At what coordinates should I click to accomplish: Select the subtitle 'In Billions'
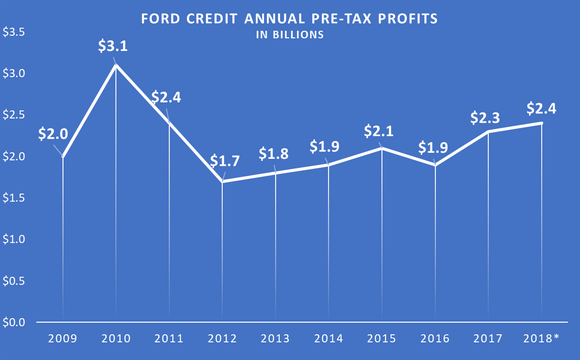289,39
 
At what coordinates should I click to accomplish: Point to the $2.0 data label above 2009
54,132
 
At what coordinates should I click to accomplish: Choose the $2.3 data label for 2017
486,118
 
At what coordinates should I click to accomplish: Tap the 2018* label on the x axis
543,339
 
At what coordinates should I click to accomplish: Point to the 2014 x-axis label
329,339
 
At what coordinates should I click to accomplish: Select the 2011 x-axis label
169,339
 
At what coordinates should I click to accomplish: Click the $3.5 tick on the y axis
14,33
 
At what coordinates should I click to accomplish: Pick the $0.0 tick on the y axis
14,323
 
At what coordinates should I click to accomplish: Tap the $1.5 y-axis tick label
14,199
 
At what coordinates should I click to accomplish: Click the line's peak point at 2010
116,66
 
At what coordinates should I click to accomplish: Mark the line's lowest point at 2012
222,182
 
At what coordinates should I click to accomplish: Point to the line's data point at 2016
436,165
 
